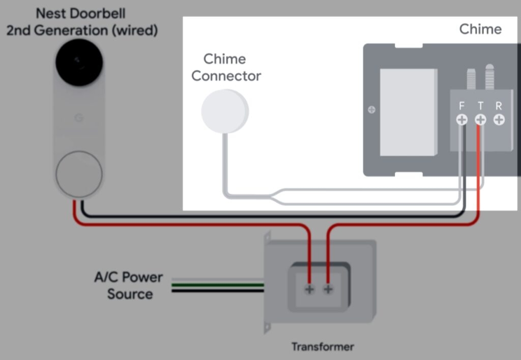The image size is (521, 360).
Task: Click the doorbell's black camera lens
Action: tap(79, 62)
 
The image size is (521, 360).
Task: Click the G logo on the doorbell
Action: tap(79, 118)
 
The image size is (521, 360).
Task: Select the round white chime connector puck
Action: tap(224, 111)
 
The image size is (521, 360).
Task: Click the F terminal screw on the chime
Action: tap(461, 120)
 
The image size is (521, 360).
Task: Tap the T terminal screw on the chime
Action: tap(480, 120)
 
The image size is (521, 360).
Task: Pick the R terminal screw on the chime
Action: tap(499, 120)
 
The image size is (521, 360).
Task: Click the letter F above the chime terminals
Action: tap(461, 106)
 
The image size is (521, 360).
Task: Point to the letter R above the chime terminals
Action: tap(499, 106)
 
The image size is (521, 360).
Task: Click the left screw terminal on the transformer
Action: tap(309, 289)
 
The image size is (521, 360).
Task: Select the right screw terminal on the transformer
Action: tap(328, 289)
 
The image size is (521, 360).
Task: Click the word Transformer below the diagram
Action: tap(322, 347)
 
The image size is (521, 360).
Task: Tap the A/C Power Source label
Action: tap(129, 285)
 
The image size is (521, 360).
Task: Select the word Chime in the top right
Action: tap(480, 29)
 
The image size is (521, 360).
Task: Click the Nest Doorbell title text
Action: tap(81, 21)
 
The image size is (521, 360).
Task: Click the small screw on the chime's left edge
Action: tap(372, 109)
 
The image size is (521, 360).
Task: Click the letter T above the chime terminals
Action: tap(480, 106)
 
